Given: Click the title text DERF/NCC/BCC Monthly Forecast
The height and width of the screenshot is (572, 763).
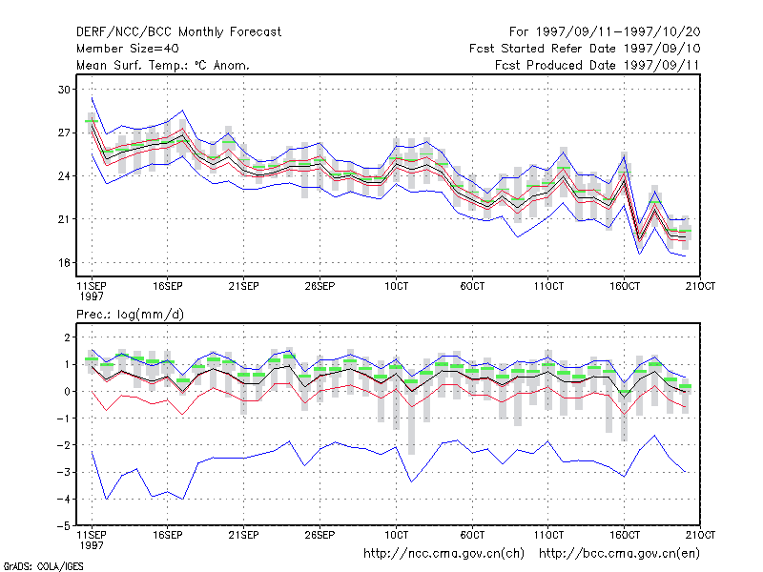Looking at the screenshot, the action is (178, 32).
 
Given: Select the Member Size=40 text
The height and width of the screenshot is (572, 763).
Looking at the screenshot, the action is (128, 49).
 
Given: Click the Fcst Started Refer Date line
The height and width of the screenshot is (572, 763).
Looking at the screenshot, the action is (585, 49).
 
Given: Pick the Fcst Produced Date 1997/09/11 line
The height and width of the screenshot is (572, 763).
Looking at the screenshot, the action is (597, 65).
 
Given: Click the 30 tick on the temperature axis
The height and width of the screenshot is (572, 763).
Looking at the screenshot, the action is (64, 90).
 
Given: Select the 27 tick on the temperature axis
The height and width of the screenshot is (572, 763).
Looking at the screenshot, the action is (64, 133).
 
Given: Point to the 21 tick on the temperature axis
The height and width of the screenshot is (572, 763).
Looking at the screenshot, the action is (64, 219).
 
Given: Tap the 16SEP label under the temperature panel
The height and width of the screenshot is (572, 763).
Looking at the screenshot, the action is (168, 286).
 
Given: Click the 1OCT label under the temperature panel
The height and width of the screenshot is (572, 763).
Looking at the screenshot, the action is (396, 286).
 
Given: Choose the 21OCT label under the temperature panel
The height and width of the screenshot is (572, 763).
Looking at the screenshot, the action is (700, 286).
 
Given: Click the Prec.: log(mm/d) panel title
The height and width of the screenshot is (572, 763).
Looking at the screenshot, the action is (130, 315).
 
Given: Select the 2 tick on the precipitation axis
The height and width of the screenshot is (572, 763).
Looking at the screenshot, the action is (67, 337).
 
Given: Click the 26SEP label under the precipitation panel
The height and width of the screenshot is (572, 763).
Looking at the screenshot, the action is (320, 535).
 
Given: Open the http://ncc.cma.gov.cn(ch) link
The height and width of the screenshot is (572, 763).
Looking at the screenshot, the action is (443, 554).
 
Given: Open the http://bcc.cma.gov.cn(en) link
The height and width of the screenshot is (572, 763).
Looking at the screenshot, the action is (619, 554).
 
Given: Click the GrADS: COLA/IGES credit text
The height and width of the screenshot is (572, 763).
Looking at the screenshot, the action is (43, 566).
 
